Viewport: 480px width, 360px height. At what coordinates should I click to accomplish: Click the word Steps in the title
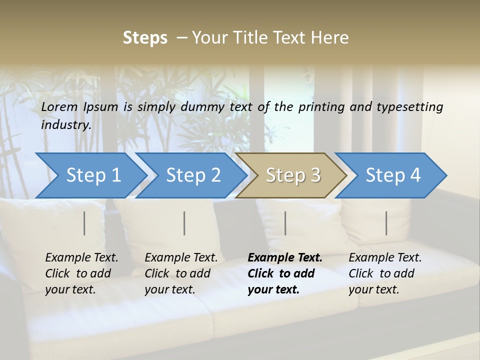pyautogui.click(x=145, y=38)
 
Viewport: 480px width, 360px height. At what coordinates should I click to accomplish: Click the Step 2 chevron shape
pyautogui.click(x=192, y=175)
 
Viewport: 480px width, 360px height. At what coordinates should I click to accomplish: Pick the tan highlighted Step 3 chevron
pyautogui.click(x=292, y=175)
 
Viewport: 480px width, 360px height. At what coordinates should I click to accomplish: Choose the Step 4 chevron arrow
pyautogui.click(x=392, y=175)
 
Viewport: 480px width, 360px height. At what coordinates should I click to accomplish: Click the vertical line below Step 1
pyautogui.click(x=84, y=223)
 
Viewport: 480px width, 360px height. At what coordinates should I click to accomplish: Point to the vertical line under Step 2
pyautogui.click(x=184, y=223)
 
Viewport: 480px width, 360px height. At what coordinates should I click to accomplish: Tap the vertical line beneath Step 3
pyautogui.click(x=285, y=223)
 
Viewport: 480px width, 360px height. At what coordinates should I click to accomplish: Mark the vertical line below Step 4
pyautogui.click(x=386, y=223)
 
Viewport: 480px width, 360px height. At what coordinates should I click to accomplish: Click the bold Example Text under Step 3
pyautogui.click(x=285, y=273)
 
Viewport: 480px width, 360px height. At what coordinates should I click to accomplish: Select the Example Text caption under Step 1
pyautogui.click(x=81, y=273)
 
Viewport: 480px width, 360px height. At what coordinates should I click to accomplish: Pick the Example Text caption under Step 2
pyautogui.click(x=181, y=273)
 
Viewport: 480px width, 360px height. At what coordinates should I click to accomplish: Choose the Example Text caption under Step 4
pyautogui.click(x=385, y=273)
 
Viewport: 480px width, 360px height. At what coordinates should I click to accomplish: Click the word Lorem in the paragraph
pyautogui.click(x=59, y=107)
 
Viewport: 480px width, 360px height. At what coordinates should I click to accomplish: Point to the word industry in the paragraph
pyautogui.click(x=65, y=125)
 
